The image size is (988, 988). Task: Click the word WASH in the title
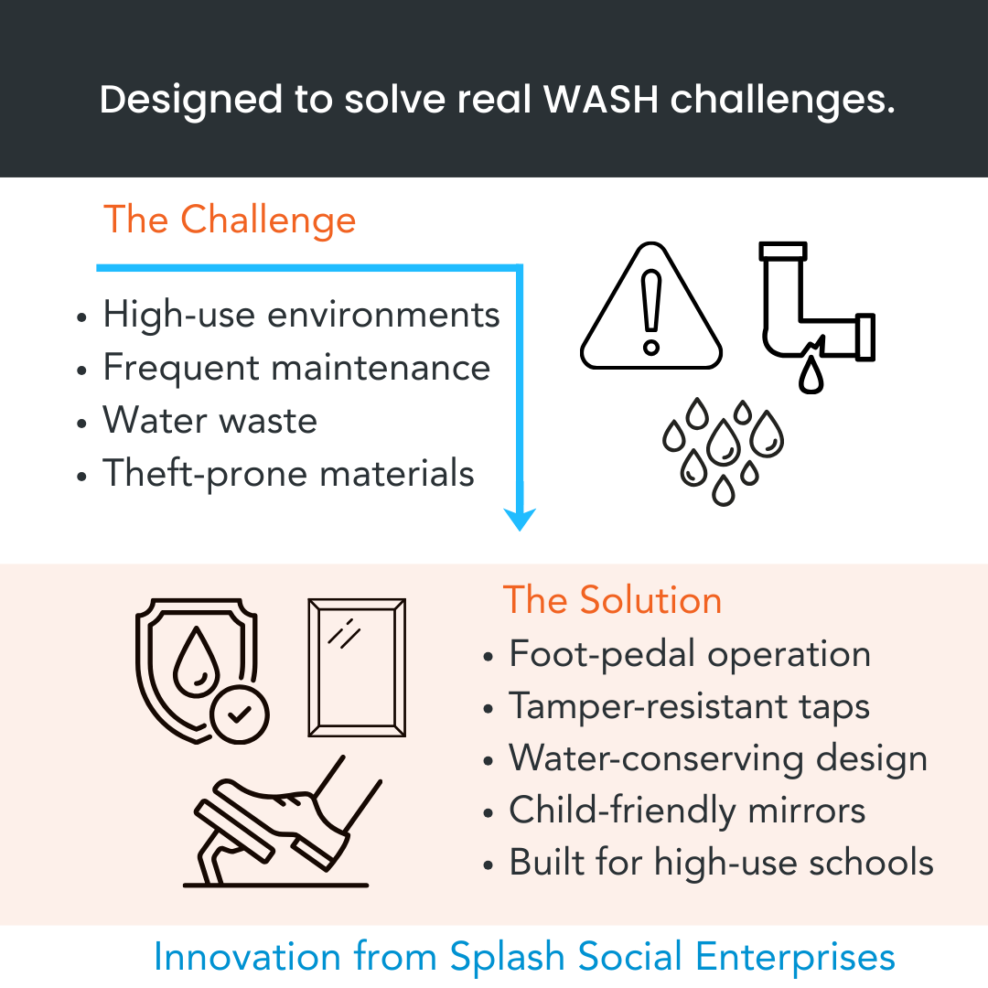pyautogui.click(x=600, y=99)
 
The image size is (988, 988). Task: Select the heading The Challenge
pyautogui.click(x=230, y=220)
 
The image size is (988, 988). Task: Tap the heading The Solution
pyautogui.click(x=612, y=600)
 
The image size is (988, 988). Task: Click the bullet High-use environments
pyautogui.click(x=301, y=315)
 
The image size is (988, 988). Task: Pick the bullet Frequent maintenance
pyautogui.click(x=296, y=368)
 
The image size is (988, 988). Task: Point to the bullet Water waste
pyautogui.click(x=209, y=421)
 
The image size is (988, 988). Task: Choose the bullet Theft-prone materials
pyautogui.click(x=288, y=474)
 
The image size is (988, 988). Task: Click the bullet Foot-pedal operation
pyautogui.click(x=690, y=654)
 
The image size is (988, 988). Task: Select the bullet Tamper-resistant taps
pyautogui.click(x=689, y=707)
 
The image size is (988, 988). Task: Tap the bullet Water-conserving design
pyautogui.click(x=718, y=759)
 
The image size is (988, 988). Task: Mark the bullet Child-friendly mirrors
pyautogui.click(x=687, y=811)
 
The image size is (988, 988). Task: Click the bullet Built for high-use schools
pyautogui.click(x=721, y=864)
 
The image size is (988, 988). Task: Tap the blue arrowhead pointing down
pyautogui.click(x=521, y=519)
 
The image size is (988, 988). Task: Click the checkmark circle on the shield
pyautogui.click(x=239, y=714)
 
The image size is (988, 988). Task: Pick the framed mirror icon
pyautogui.click(x=357, y=667)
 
